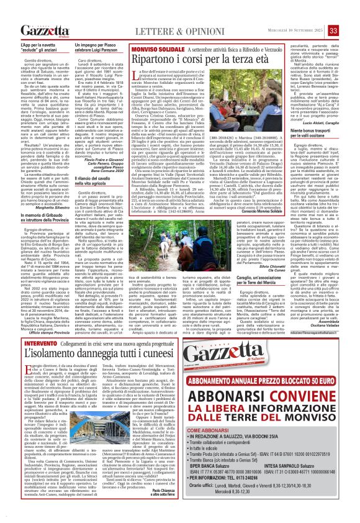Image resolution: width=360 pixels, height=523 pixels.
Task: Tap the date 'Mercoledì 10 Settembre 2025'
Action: [292, 31]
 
